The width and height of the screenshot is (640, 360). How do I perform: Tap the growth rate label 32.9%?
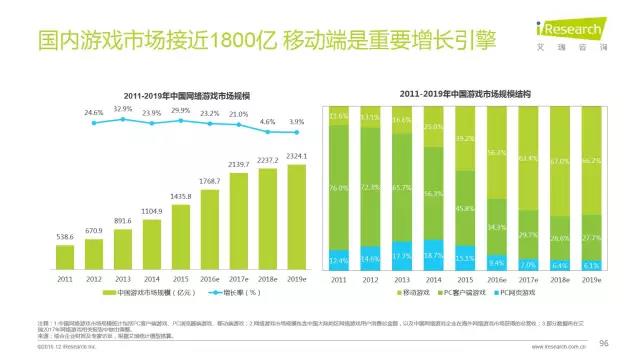[x=122, y=108]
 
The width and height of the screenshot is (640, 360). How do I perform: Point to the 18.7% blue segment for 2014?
[x=431, y=257]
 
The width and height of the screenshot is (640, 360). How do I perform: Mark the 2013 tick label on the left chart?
[x=122, y=280]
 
